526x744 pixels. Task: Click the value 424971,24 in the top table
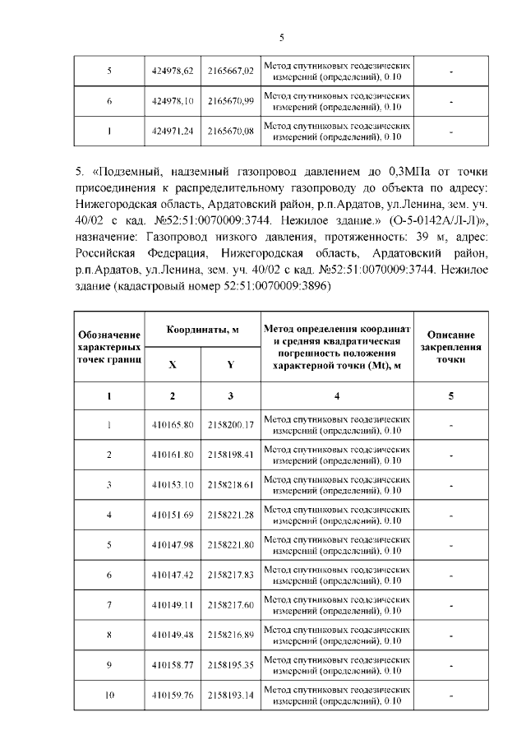click(x=172, y=131)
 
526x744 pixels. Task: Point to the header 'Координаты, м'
click(x=202, y=330)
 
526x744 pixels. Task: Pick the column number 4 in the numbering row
click(x=336, y=396)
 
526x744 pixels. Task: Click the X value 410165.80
click(x=172, y=424)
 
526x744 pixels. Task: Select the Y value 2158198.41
click(x=230, y=454)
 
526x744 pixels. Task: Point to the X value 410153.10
click(x=172, y=484)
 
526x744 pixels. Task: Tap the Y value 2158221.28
click(x=230, y=515)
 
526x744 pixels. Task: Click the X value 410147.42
click(x=172, y=575)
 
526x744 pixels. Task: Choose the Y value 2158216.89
click(x=230, y=635)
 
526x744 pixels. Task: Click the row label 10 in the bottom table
click(x=108, y=695)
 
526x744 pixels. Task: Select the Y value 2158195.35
click(x=230, y=665)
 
